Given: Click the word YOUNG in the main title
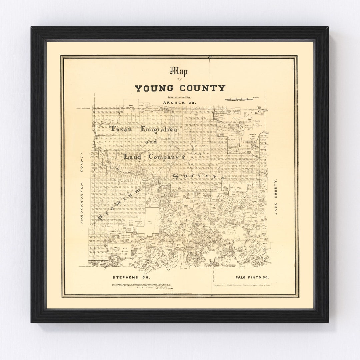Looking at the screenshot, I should click(154, 88).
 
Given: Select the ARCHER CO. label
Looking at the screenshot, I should click(180, 102).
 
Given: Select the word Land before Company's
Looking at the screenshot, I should click(132, 156).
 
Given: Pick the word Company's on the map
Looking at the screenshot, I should click(166, 156).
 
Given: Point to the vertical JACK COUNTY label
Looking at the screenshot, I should click(276, 197).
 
